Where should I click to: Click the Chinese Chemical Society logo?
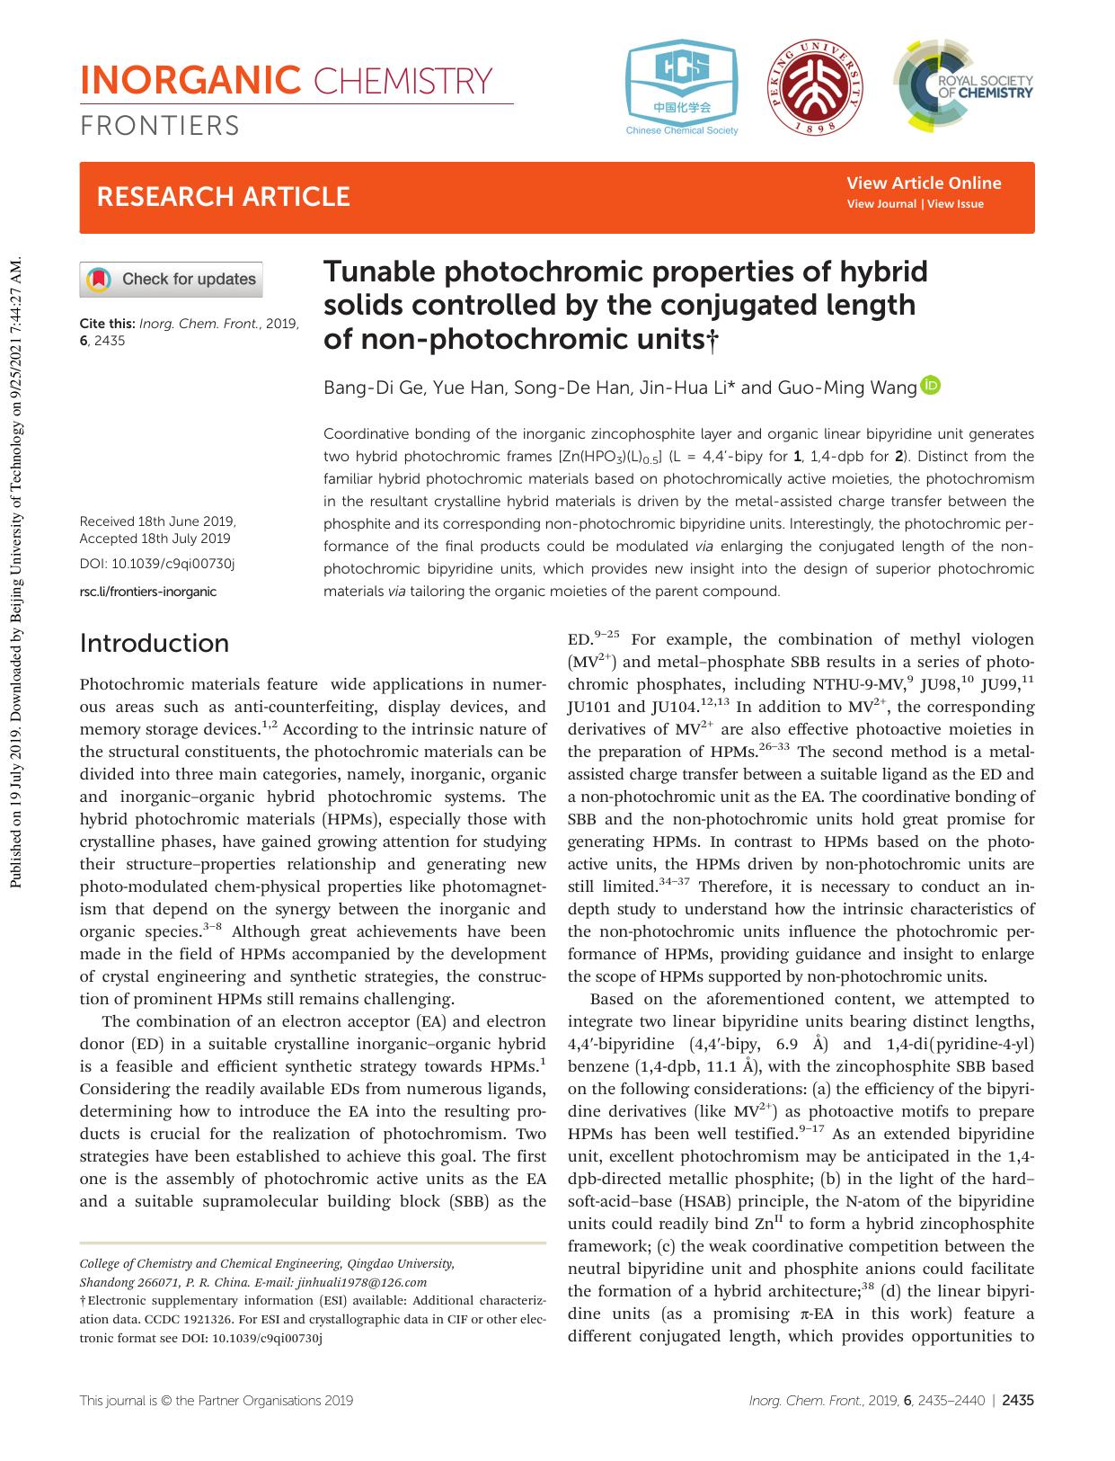(x=682, y=88)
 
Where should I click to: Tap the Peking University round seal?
(x=816, y=88)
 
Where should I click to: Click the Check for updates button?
(x=172, y=279)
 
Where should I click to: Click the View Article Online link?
(x=924, y=183)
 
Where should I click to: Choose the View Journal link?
(x=881, y=204)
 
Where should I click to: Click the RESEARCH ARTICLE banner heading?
(x=223, y=197)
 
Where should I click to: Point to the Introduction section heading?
(x=155, y=643)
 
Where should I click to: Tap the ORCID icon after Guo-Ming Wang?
(x=931, y=387)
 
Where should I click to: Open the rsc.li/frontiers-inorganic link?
(x=148, y=592)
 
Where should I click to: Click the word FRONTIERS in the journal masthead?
(x=160, y=126)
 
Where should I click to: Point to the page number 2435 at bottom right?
(x=1018, y=1400)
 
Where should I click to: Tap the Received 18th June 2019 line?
(x=157, y=521)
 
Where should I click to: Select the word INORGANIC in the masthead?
(x=190, y=81)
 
